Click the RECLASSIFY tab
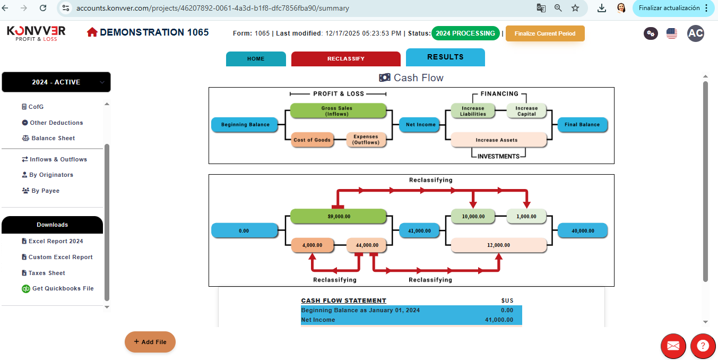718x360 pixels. [345, 59]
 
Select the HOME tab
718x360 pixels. [256, 59]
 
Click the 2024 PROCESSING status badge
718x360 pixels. [465, 33]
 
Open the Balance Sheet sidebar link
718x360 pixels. [53, 138]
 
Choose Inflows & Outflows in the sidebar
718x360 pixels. [58, 159]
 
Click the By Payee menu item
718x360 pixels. [45, 191]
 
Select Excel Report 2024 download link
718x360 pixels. [56, 241]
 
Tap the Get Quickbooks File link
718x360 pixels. [63, 288]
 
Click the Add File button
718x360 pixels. [150, 342]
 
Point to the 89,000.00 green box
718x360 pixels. [339, 217]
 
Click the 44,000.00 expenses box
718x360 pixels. [367, 245]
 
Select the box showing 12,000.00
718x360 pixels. [499, 245]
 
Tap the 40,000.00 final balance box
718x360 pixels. [582, 231]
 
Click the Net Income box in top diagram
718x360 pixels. [421, 125]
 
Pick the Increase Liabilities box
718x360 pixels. [473, 111]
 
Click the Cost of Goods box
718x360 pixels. [312, 140]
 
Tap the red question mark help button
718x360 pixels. [703, 346]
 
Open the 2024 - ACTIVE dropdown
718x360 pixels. [56, 82]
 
